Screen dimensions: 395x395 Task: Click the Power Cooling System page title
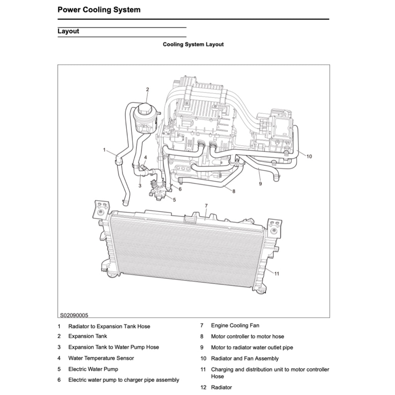click(x=99, y=10)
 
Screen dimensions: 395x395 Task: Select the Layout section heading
click(x=68, y=31)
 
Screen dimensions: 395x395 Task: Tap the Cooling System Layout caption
click(x=193, y=44)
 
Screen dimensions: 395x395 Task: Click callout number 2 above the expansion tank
click(x=147, y=89)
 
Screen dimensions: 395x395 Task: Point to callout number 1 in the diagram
click(x=104, y=150)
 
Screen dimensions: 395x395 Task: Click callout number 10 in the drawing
click(x=309, y=156)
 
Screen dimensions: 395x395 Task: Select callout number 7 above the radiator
click(x=206, y=206)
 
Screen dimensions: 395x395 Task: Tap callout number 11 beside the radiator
click(x=277, y=273)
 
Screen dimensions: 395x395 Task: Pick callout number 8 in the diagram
click(x=234, y=191)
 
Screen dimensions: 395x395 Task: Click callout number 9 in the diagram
click(x=260, y=184)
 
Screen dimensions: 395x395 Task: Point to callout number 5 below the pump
click(x=174, y=200)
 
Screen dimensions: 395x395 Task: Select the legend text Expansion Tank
click(x=88, y=336)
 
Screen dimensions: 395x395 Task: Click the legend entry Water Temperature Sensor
click(x=101, y=358)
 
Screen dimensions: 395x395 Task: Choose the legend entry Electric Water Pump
click(x=93, y=369)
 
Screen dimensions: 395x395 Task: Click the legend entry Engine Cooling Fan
click(x=235, y=326)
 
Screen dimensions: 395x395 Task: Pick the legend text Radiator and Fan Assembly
click(x=245, y=358)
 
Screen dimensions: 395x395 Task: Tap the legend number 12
click(x=204, y=387)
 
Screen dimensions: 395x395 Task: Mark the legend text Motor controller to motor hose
click(x=247, y=336)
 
